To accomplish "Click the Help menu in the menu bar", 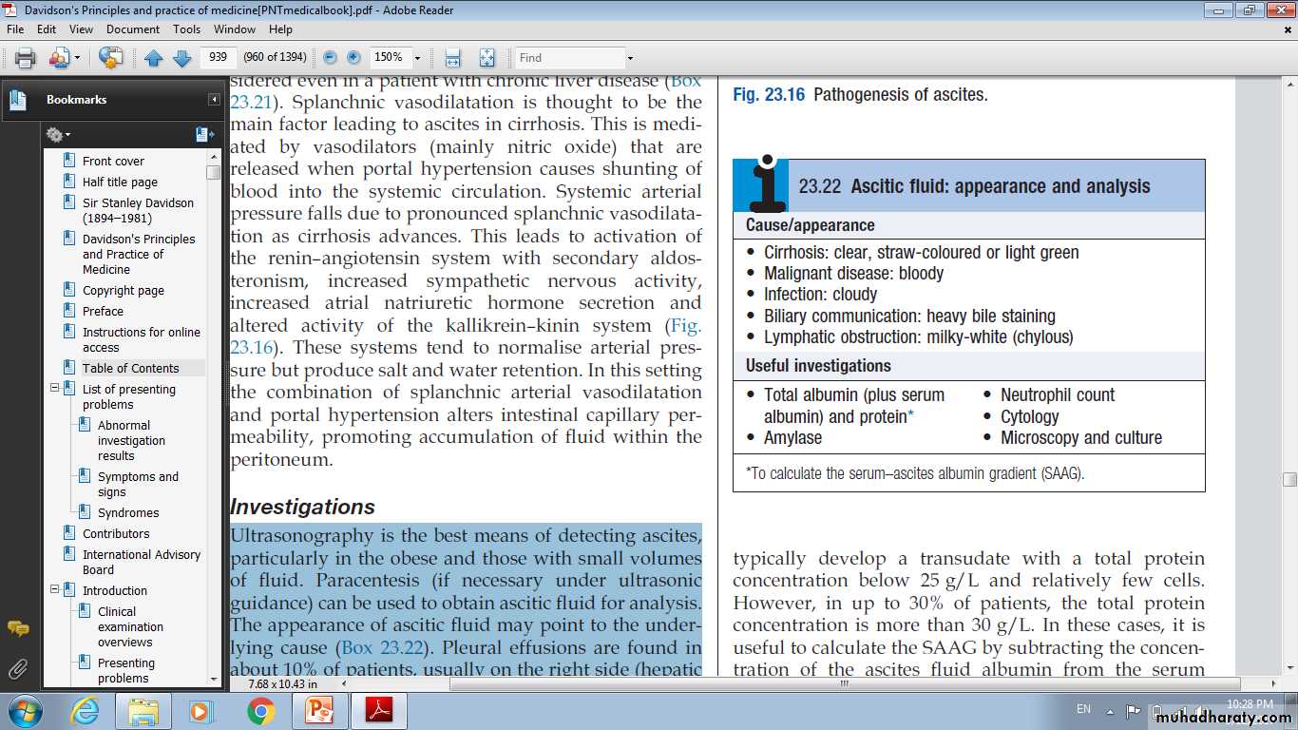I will point(280,29).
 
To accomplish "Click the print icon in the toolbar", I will point(26,58).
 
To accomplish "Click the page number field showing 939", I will point(218,58).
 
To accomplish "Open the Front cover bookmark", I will point(113,162).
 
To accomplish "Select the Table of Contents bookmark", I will point(130,369).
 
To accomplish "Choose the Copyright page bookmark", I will point(123,291).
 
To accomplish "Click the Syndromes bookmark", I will point(128,513).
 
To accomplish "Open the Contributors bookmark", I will point(116,534).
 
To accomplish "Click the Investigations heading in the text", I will point(302,507).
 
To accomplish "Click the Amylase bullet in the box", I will point(792,438).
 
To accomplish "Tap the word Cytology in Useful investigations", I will point(1029,416).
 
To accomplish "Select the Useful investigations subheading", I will point(818,366).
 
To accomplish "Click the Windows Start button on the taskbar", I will point(24,711).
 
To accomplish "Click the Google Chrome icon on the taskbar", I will point(260,711).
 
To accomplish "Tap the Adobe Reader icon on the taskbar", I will point(378,711).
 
